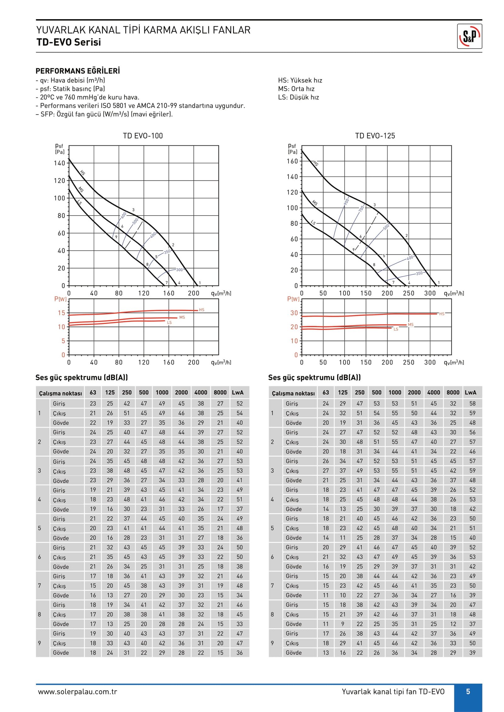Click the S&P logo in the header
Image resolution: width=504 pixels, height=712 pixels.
click(x=469, y=36)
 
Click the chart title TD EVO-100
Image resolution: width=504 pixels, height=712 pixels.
click(x=143, y=136)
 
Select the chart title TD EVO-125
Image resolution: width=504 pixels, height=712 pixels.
click(x=375, y=136)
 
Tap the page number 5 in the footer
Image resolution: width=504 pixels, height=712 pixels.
click(x=468, y=692)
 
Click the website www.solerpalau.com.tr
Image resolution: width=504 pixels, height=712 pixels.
click(x=77, y=692)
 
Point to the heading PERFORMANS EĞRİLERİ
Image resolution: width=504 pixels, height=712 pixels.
click(x=78, y=71)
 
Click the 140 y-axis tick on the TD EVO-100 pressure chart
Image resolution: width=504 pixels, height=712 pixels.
click(x=59, y=163)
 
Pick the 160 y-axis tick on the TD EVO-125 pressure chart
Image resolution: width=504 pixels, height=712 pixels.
click(x=292, y=161)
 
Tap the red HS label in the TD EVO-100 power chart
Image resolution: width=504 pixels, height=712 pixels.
click(x=202, y=310)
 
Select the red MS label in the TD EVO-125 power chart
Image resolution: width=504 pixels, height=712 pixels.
click(x=410, y=324)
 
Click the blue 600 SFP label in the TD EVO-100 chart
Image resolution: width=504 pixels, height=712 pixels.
click(x=123, y=215)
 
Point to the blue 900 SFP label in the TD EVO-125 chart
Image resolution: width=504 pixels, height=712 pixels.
click(x=346, y=201)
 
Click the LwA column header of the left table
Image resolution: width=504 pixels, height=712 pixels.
click(x=238, y=392)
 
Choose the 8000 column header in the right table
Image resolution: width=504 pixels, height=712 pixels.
click(x=453, y=392)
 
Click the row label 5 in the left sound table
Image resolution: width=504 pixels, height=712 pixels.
click(x=39, y=528)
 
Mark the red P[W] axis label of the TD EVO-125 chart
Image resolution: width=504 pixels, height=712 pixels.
click(x=293, y=299)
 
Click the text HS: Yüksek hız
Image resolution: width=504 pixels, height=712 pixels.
click(x=300, y=80)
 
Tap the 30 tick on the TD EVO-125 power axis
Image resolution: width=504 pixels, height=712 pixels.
click(x=294, y=313)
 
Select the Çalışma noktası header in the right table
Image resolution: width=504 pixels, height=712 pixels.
click(x=293, y=393)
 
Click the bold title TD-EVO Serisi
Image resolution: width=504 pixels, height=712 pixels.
click(x=69, y=42)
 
